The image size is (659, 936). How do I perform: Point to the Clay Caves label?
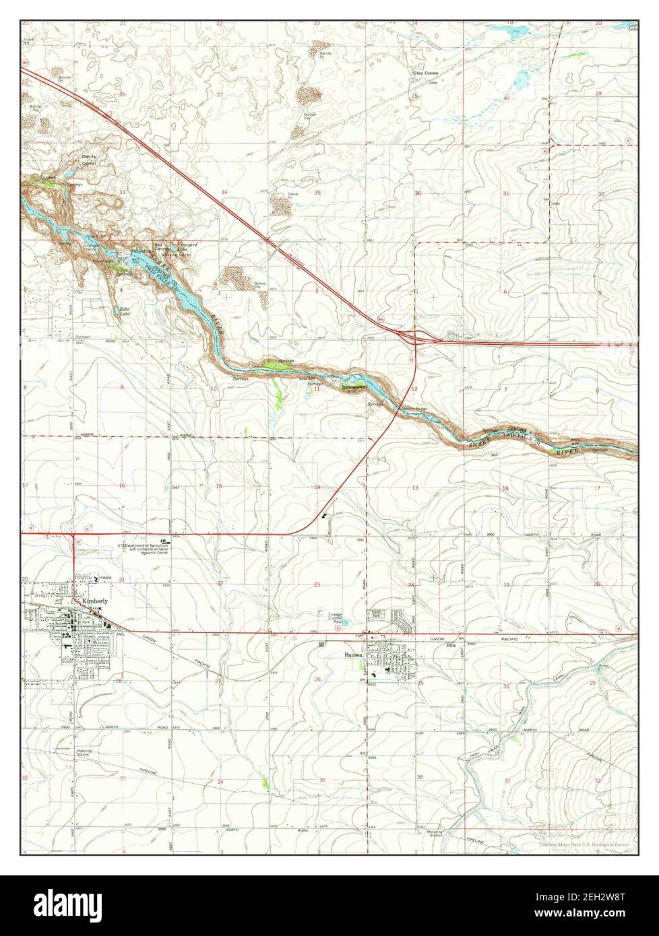click(x=426, y=73)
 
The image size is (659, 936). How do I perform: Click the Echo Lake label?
click(x=125, y=312)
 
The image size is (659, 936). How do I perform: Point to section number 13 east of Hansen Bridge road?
click(x=415, y=488)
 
